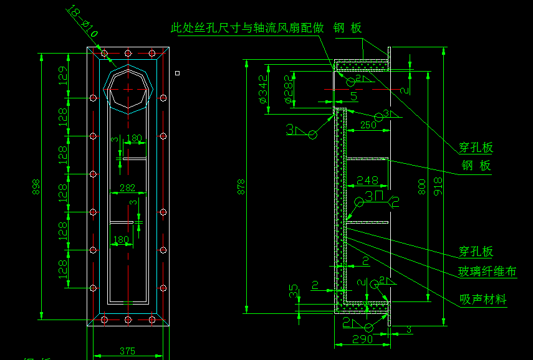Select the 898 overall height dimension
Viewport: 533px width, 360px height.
36,186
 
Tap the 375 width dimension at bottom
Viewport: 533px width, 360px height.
127,351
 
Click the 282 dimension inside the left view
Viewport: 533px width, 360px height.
127,187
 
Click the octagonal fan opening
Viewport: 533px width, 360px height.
129,88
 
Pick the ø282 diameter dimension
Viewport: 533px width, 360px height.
288,90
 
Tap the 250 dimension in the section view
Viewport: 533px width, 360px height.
368,125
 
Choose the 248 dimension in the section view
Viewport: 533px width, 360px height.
367,181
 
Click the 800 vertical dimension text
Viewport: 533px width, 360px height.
422,186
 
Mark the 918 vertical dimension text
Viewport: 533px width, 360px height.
438,186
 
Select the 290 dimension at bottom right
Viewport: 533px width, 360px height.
362,339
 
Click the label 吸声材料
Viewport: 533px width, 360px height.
483,300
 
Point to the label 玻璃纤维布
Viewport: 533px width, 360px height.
487,272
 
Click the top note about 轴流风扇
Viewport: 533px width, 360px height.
247,28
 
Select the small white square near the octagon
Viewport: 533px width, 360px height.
178,73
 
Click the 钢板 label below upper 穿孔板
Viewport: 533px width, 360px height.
476,165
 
